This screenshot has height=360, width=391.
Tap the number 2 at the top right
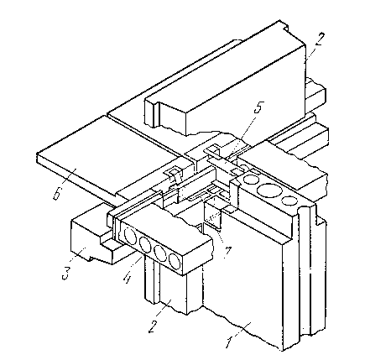coord(321,39)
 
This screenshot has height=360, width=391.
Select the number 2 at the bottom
coord(153,326)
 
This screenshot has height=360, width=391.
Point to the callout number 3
coord(66,274)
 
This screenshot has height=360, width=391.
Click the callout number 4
coord(128,278)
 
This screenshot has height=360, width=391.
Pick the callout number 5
coord(258,108)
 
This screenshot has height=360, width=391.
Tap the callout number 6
coord(57,194)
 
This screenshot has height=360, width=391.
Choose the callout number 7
coord(227,251)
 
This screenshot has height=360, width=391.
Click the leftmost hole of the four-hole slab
coord(130,236)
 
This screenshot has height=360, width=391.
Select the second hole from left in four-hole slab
coord(145,244)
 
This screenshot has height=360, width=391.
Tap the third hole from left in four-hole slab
coord(160,253)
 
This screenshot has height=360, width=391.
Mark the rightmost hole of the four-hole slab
coord(175,261)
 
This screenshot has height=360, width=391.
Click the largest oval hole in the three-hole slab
coord(269,190)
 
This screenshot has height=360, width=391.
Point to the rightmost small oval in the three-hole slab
coord(289,201)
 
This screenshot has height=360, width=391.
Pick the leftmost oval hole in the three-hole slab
coord(251,180)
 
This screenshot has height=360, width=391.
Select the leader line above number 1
coord(241,329)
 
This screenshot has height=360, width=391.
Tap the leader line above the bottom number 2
coord(165,310)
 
